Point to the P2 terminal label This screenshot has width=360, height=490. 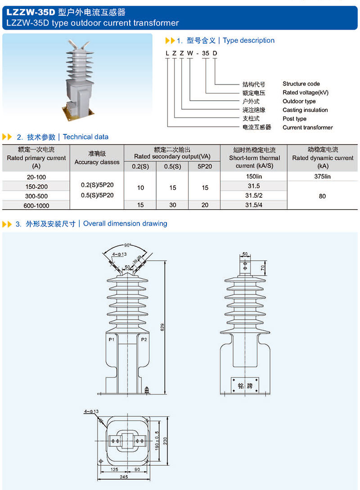[144, 339]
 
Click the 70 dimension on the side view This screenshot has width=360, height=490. [263, 267]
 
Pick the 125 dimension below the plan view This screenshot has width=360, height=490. [114, 469]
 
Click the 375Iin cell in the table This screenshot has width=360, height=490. [322, 177]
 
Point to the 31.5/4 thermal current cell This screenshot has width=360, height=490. [254, 205]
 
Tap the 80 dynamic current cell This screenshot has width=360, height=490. [322, 196]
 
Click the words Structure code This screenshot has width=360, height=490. [301, 84]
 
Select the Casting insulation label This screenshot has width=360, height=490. [305, 110]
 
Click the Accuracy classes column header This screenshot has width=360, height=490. [97, 162]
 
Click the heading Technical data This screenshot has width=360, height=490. [85, 137]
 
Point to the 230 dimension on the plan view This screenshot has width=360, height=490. [165, 441]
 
